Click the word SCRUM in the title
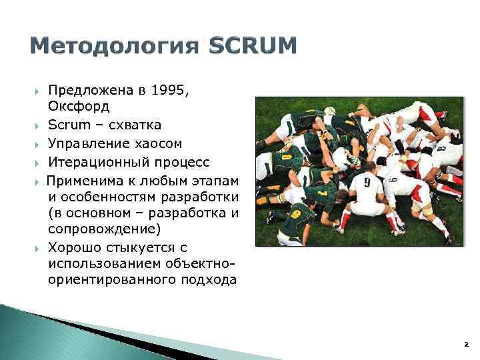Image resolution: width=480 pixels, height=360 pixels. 253,47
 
